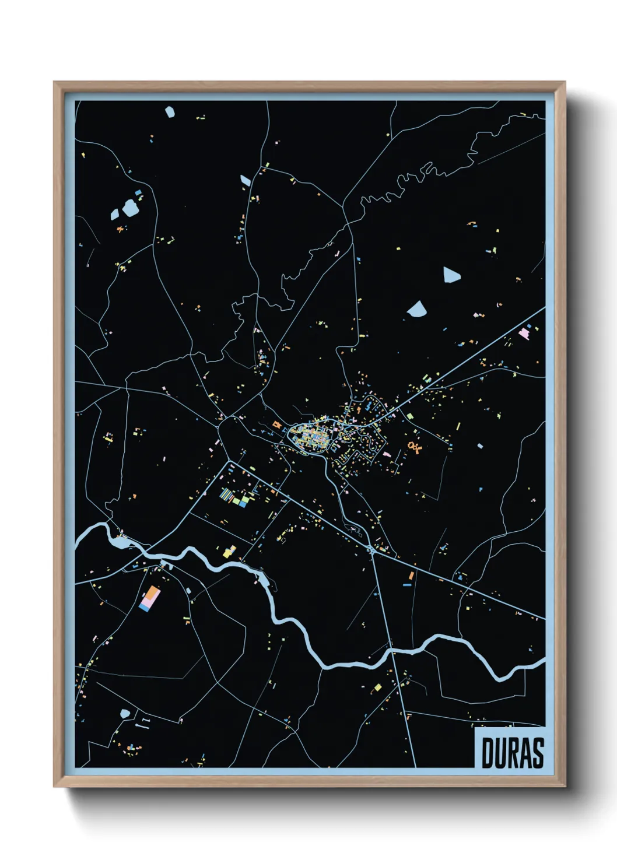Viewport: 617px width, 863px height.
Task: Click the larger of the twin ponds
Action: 129,208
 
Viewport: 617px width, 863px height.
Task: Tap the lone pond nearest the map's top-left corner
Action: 170,111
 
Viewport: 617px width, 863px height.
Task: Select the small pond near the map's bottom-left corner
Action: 125,714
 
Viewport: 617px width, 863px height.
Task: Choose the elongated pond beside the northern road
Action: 246,180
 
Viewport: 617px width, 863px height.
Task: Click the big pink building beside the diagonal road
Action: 524,334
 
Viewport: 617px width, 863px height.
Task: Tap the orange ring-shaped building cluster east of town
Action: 415,447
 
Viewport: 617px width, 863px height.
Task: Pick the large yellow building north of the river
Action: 229,551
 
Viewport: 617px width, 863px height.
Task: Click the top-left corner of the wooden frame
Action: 55,83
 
